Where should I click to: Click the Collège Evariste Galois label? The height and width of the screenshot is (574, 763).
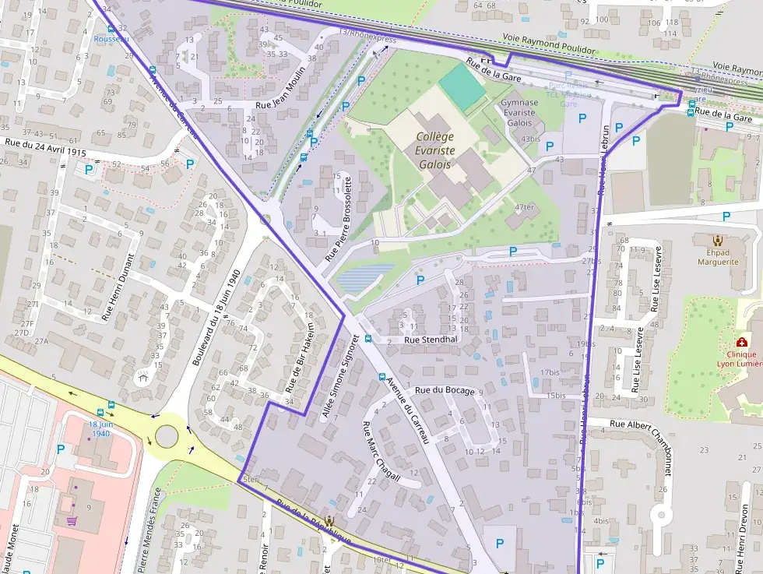(x=434, y=150)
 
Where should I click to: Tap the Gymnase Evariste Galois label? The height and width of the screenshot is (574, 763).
(x=519, y=112)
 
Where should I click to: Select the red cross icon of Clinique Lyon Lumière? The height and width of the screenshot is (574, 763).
(x=741, y=343)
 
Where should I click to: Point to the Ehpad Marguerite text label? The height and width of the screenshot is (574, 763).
(x=716, y=257)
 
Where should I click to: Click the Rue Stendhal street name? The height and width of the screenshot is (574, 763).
(x=431, y=340)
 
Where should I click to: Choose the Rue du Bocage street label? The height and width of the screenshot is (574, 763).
(x=444, y=390)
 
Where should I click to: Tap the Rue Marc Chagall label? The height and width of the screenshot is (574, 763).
(x=381, y=454)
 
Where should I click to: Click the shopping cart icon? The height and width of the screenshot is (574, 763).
(x=72, y=520)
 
